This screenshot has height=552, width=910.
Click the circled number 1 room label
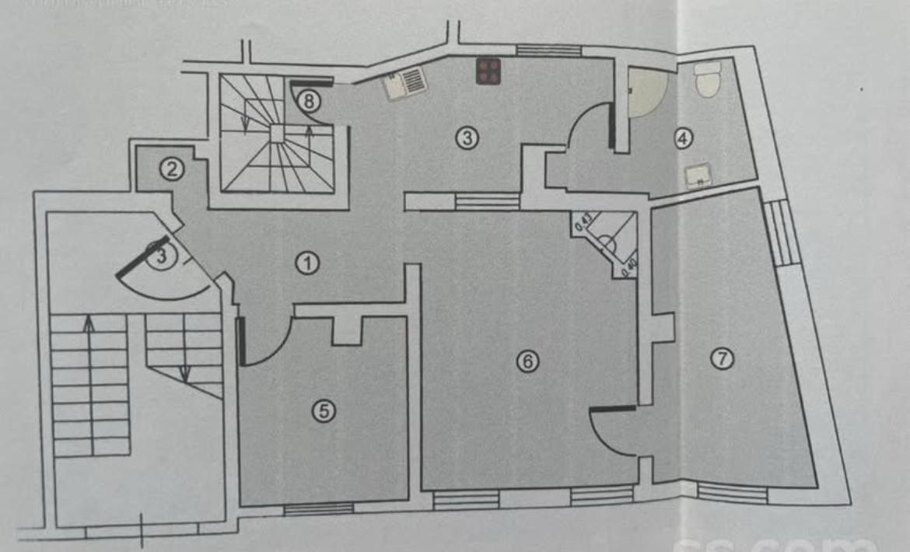(308, 264)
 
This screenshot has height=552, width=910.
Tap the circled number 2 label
(172, 168)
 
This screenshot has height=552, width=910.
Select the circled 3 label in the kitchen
(466, 138)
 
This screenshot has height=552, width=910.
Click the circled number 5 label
(324, 411)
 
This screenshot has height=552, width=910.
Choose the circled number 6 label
(527, 361)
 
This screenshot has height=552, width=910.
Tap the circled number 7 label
(723, 358)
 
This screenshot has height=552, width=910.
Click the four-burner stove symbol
(488, 72)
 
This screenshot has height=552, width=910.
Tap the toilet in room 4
(707, 79)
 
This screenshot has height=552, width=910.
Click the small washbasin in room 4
(698, 175)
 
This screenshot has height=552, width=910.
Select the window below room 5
(318, 509)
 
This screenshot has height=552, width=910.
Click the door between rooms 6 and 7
(614, 435)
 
